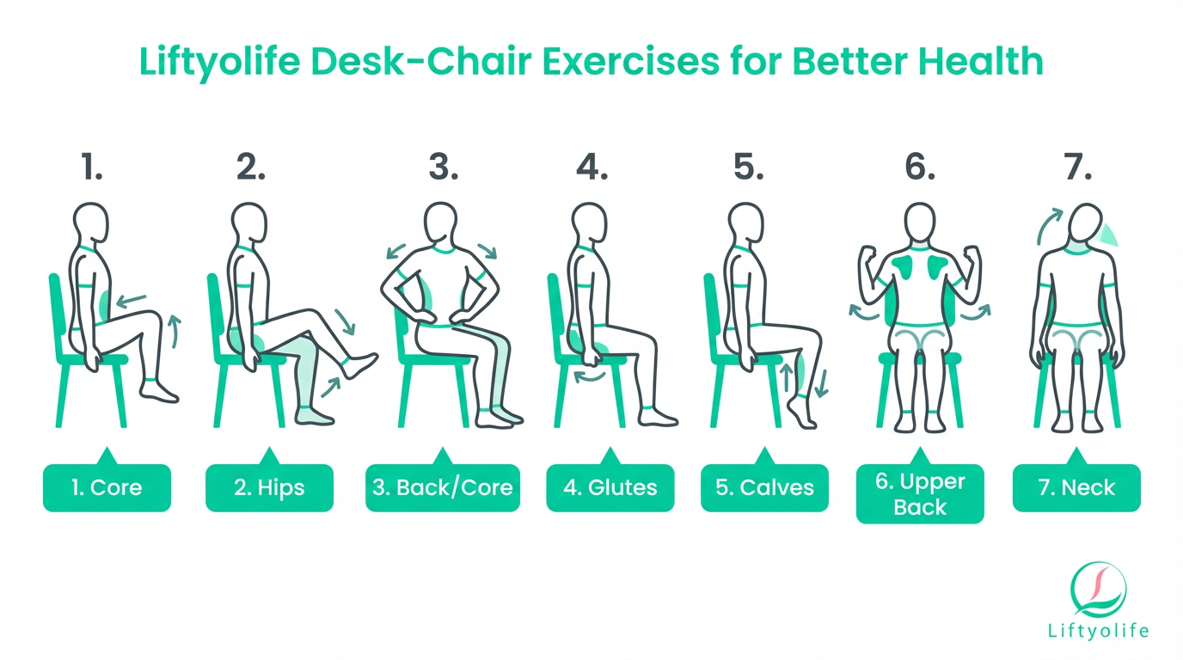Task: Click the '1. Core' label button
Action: coord(107,487)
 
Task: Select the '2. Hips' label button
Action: coord(269,487)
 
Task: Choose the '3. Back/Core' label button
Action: coord(443,487)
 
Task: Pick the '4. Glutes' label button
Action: coord(610,487)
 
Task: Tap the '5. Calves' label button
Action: coord(764,487)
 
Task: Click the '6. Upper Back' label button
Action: coord(920,494)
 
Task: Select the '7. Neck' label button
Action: coord(1076,487)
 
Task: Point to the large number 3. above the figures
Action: coord(444,168)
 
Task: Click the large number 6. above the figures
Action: coord(920,168)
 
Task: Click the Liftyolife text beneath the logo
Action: coord(1098,632)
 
